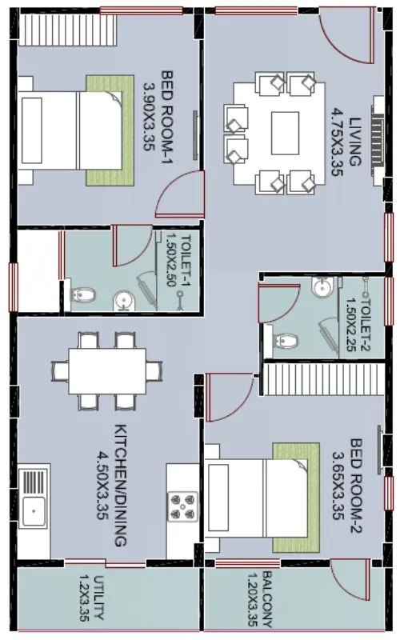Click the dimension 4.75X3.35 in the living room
335,141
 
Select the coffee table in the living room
285,128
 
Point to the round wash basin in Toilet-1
122,299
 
